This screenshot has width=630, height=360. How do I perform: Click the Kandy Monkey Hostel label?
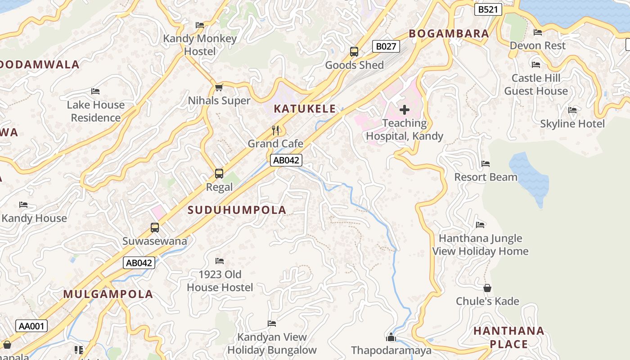click(200, 45)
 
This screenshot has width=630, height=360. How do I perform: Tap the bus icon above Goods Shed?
click(354, 52)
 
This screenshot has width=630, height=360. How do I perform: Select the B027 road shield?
click(386, 46)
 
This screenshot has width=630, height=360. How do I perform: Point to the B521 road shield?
click(488, 9)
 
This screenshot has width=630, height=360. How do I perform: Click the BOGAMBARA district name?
click(449, 34)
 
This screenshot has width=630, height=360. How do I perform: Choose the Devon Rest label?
click(537, 45)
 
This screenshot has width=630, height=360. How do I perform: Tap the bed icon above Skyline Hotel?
click(572, 110)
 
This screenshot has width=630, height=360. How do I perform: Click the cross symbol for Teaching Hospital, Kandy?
click(404, 109)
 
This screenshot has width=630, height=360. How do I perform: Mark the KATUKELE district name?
click(305, 108)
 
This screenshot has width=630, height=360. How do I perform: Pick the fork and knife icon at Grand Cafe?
click(276, 130)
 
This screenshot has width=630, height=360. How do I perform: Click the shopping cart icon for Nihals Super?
click(219, 87)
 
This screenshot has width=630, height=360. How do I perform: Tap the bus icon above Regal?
click(219, 174)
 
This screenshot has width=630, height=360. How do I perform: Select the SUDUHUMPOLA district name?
click(237, 210)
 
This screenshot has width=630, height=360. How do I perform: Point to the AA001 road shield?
click(31, 326)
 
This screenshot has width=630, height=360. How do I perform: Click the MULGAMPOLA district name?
click(108, 294)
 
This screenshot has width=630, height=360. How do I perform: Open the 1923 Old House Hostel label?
click(220, 281)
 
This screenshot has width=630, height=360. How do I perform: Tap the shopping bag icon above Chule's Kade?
click(487, 288)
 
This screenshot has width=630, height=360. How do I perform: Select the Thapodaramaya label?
click(391, 350)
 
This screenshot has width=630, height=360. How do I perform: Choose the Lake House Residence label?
click(95, 111)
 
